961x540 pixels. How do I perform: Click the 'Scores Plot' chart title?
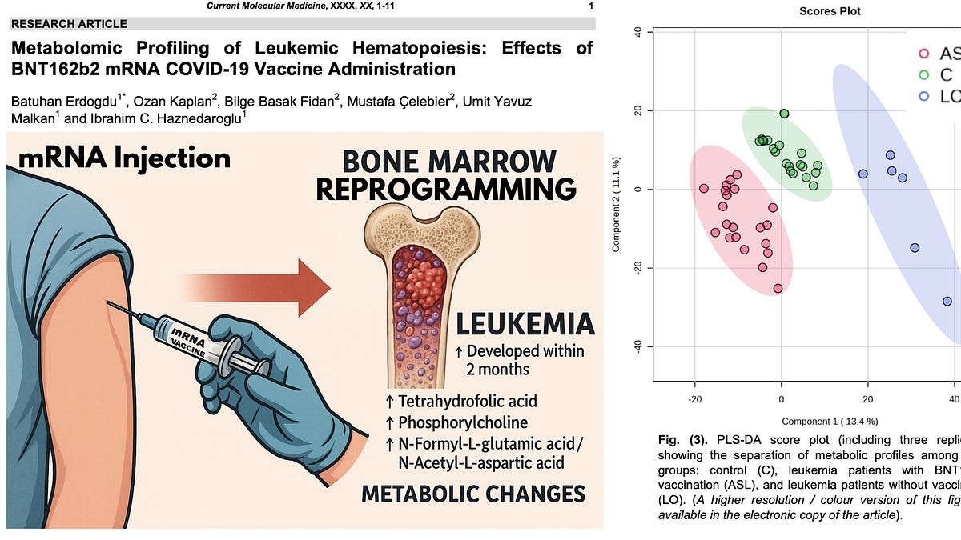[x=830, y=11]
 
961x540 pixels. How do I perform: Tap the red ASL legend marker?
[x=924, y=54]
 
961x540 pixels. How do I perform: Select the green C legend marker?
[x=924, y=74]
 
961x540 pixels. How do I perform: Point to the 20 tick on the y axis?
[x=638, y=110]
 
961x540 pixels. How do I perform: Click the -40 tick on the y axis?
[x=638, y=346]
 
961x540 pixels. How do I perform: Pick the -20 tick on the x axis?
[x=694, y=398]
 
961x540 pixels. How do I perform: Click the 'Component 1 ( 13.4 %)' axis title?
[x=829, y=421]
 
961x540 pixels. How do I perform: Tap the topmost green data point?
[x=784, y=114]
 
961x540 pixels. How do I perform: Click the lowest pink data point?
[x=778, y=288]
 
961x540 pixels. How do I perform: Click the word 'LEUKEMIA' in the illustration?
[x=525, y=324]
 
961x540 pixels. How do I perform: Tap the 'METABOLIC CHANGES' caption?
[x=472, y=493]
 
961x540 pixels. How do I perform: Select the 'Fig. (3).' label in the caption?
[x=679, y=440]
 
